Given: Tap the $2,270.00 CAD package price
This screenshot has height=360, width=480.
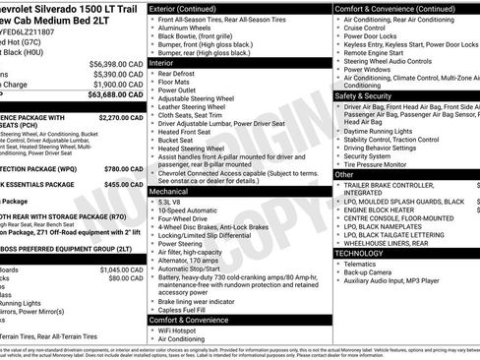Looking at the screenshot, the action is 121,117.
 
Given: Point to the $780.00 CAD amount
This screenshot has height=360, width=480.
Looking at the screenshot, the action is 125,168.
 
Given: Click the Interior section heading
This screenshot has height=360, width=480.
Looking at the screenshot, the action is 168,62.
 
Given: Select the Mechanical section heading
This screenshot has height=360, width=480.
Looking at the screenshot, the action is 174,192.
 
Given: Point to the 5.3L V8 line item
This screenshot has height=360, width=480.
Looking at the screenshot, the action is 176,202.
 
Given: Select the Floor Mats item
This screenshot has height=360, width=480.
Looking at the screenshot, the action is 178,82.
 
